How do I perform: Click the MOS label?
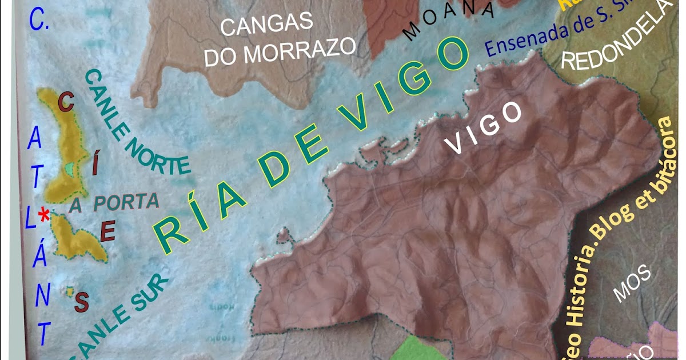coord(632,284)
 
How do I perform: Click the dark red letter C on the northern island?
coord(66,103)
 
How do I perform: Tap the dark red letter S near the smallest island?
coord(81,302)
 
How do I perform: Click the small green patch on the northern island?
coord(70,169)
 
